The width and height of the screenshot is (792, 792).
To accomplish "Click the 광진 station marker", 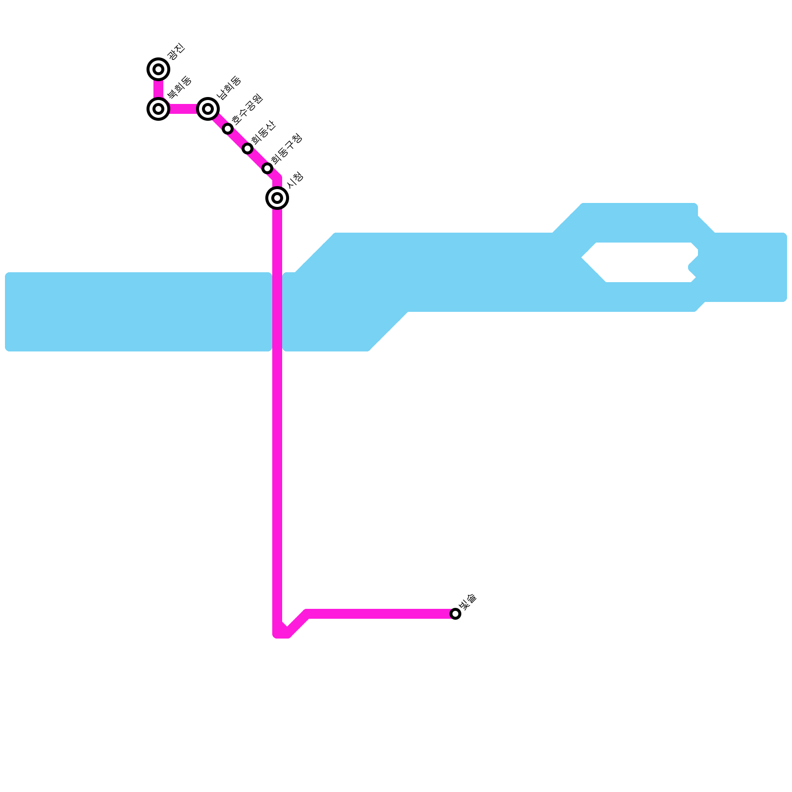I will [158, 69].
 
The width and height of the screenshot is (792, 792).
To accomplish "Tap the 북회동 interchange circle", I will [158, 108].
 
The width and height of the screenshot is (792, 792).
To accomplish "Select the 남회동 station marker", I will [208, 108].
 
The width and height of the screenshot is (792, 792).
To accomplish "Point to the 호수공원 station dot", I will [228, 129].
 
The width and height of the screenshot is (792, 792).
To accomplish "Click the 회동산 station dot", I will [247, 148].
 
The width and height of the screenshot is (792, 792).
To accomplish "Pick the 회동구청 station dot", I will [267, 168].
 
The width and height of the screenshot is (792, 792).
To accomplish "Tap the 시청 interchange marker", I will [277, 198].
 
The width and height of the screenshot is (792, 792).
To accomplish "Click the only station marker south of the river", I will [455, 614].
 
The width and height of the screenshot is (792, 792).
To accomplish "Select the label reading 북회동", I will [179, 88].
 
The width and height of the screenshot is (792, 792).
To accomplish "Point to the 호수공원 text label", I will [247, 109].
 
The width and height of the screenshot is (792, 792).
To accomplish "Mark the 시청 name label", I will [295, 180].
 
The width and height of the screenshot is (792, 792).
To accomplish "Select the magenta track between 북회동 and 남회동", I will [183, 108].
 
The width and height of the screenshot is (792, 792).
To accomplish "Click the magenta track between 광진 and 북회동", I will [158, 89].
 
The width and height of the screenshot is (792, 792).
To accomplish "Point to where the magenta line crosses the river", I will [277, 312].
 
